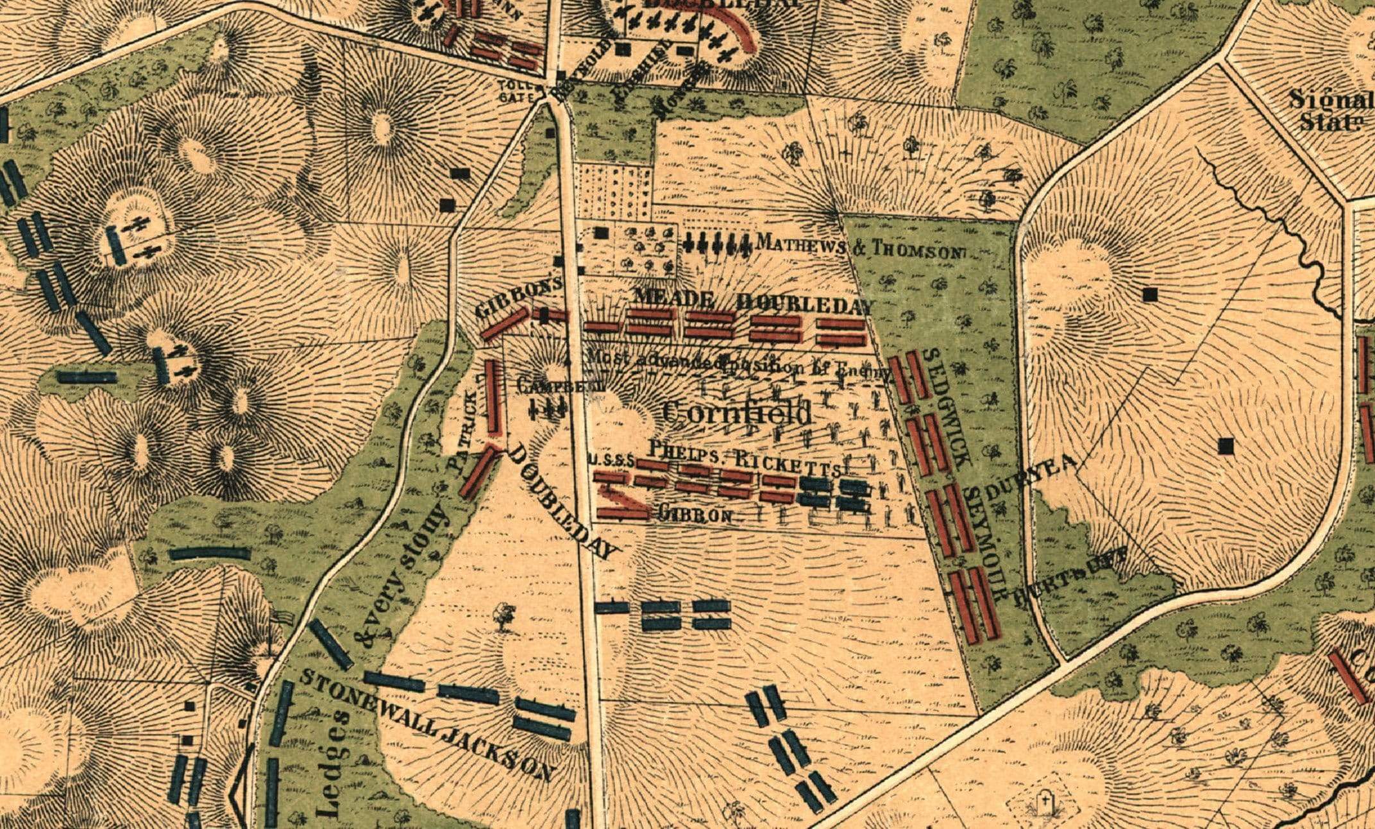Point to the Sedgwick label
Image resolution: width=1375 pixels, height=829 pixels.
click(949, 407)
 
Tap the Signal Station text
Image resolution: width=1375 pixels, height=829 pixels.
click(1331, 110)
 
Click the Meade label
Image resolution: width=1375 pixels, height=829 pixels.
click(673, 298)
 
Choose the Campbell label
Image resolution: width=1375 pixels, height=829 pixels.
click(559, 386)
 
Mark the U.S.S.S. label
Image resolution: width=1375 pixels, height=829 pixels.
click(611, 460)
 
